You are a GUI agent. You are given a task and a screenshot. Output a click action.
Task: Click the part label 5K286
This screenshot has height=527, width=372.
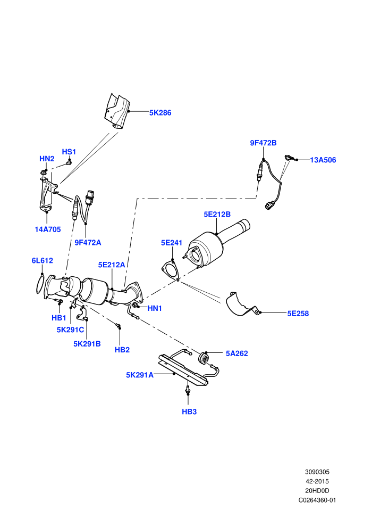tap(160, 113)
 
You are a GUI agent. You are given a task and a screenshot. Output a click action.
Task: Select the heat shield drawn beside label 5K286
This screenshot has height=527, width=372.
tap(117, 111)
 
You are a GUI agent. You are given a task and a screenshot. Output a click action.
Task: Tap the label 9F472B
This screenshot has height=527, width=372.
tap(263, 143)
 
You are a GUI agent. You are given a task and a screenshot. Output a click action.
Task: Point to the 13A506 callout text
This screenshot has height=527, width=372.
tap(323, 160)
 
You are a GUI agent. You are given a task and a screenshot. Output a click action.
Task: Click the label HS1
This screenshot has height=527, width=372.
tap(69, 152)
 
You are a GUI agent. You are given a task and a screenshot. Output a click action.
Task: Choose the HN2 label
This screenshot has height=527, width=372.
tap(47, 159)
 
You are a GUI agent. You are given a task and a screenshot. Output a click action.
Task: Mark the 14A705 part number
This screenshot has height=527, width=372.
tap(48, 229)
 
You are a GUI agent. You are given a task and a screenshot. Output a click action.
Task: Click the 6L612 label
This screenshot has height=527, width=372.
tap(43, 260)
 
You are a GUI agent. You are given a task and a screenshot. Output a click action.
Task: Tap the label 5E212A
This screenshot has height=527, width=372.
tap(112, 265)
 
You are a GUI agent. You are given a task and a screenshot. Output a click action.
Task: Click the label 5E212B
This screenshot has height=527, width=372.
tap(217, 215)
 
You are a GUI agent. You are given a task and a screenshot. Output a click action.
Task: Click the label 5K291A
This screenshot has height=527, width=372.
tap(140, 375)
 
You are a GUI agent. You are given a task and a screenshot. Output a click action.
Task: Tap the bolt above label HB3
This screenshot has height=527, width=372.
tap(188, 390)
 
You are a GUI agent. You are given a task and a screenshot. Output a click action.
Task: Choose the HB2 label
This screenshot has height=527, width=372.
tap(122, 350)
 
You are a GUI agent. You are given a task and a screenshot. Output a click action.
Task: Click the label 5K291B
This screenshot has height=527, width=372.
tap(87, 344)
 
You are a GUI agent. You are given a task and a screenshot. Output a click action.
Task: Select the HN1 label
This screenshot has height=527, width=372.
tap(155, 308)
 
